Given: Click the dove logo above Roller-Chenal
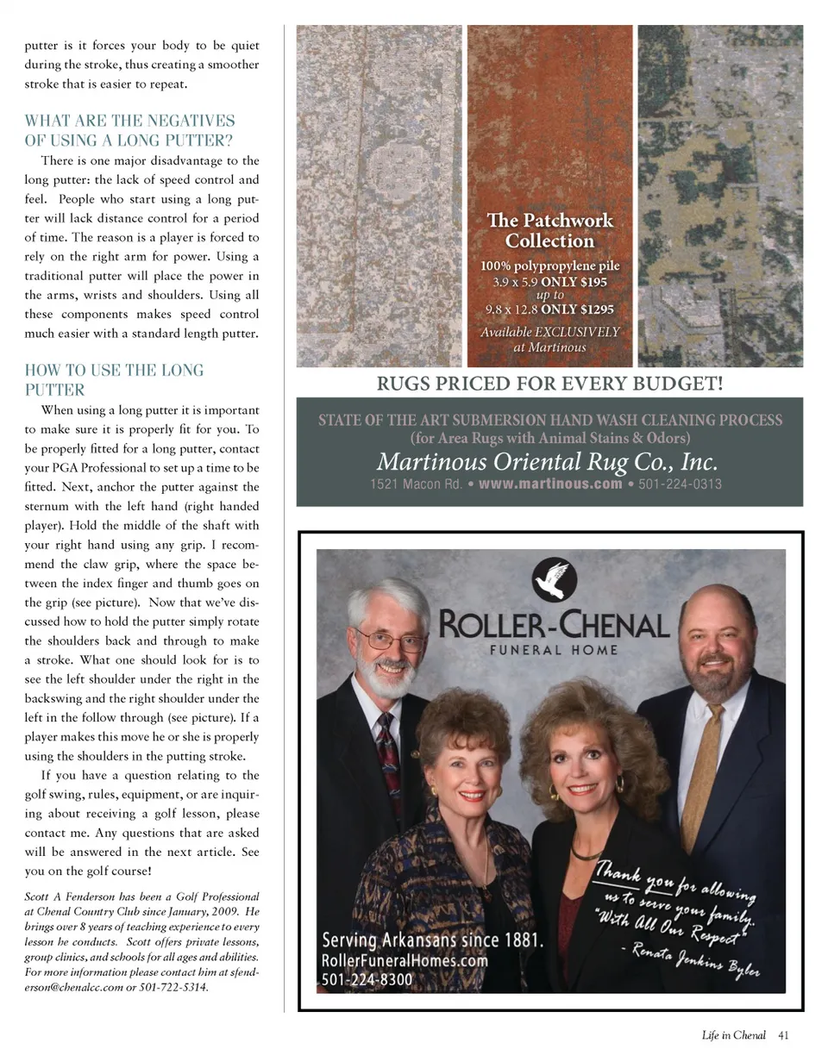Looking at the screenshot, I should pyautogui.click(x=555, y=579).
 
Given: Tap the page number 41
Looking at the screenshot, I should pyautogui.click(x=783, y=1036).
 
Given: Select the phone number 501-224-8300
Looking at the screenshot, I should pyautogui.click(x=367, y=979).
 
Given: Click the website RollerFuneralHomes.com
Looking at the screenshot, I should pyautogui.click(x=405, y=960).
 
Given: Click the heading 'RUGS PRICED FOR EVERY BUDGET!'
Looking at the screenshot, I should pyautogui.click(x=549, y=383).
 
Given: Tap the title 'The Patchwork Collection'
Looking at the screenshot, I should pyautogui.click(x=550, y=230).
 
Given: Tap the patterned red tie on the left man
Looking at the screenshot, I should pyautogui.click(x=389, y=759).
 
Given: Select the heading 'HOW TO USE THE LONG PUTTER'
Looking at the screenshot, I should pyautogui.click(x=115, y=379).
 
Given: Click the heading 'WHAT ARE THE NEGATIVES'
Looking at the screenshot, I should pyautogui.click(x=130, y=121).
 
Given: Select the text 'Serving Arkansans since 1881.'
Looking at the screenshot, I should pyautogui.click(x=432, y=940).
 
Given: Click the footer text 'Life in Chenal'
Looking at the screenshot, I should pyautogui.click(x=733, y=1036).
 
